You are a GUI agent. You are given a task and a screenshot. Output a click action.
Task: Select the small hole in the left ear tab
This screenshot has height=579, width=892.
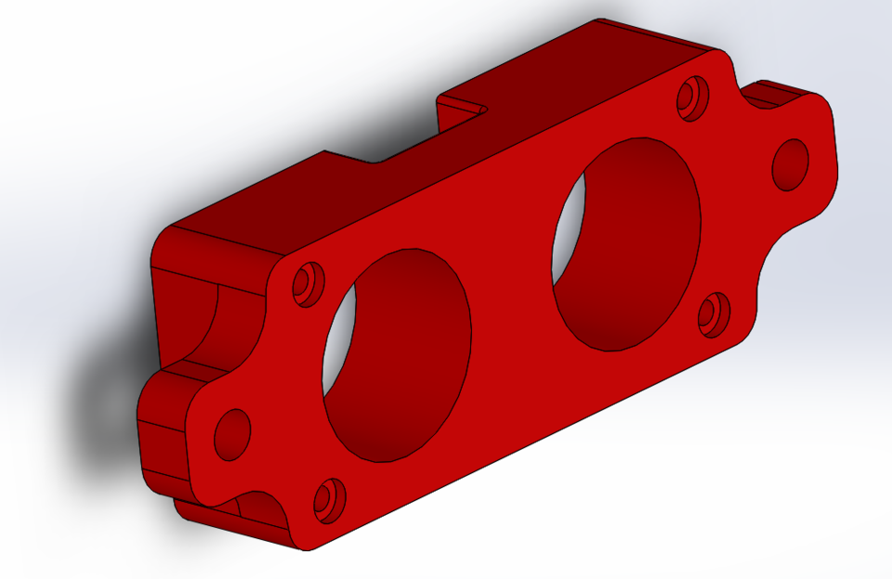[232, 433]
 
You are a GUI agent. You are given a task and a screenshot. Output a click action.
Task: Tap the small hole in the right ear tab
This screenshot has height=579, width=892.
[791, 164]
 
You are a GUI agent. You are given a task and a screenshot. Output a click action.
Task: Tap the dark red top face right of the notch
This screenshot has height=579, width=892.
[595, 65]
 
